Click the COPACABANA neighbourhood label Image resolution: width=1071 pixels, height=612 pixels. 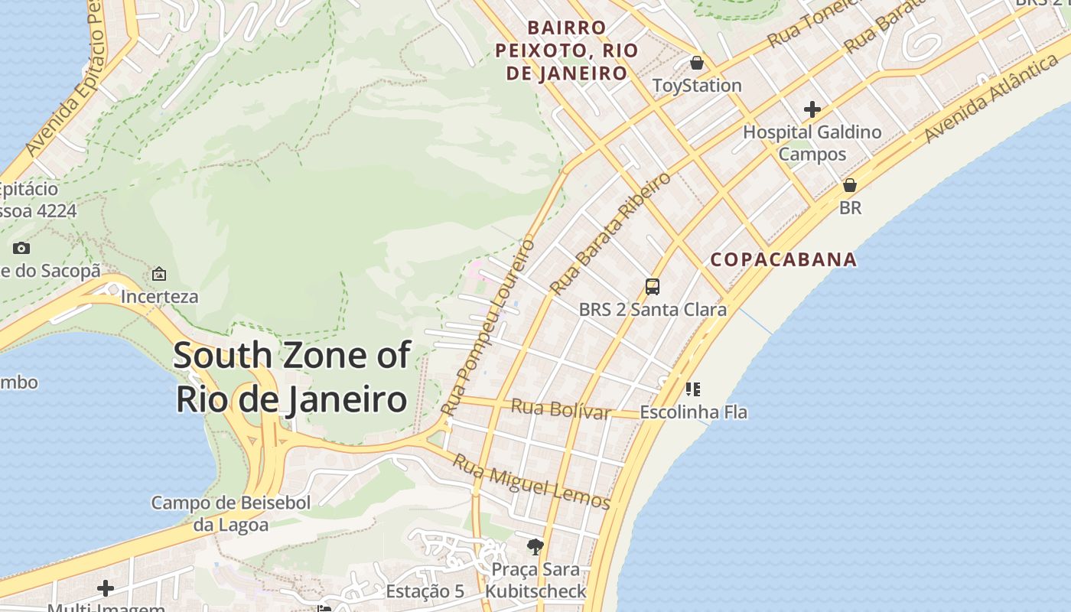pyautogui.click(x=783, y=259)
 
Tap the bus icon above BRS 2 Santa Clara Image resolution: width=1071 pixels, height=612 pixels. pyautogui.click(x=652, y=287)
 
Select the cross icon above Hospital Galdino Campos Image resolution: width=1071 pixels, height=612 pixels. pyautogui.click(x=812, y=109)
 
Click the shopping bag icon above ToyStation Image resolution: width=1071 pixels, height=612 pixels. pyautogui.click(x=696, y=63)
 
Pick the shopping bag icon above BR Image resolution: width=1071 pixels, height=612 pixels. pyautogui.click(x=849, y=185)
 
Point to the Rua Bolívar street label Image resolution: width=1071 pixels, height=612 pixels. pyautogui.click(x=560, y=409)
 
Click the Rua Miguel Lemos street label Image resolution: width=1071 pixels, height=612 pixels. pyautogui.click(x=531, y=481)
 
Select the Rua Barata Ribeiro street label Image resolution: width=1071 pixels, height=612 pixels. pyautogui.click(x=610, y=233)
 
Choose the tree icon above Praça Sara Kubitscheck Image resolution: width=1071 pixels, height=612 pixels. pyautogui.click(x=535, y=546)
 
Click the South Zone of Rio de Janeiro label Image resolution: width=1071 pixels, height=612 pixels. pyautogui.click(x=291, y=378)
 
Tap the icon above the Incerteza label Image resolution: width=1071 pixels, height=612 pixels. pyautogui.click(x=159, y=274)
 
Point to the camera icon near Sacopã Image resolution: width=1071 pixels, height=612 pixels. pyautogui.click(x=21, y=248)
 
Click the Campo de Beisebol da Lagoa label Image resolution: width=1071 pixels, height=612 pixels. pyautogui.click(x=230, y=513)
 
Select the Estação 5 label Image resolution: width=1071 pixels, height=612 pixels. pyautogui.click(x=425, y=591)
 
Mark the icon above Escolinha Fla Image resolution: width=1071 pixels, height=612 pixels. pyautogui.click(x=693, y=389)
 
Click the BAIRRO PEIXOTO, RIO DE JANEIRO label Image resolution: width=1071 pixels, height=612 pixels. pyautogui.click(x=566, y=50)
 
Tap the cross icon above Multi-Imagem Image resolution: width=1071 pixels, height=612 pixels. pyautogui.click(x=106, y=588)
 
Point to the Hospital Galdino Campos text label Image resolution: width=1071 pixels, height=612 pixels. pyautogui.click(x=812, y=143)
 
